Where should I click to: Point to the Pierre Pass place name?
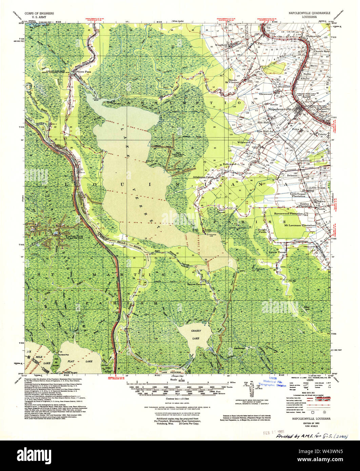pyautogui.click(x=82, y=72)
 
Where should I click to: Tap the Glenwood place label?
pyautogui.click(x=265, y=94)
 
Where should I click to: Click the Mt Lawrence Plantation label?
pyautogui.click(x=299, y=225)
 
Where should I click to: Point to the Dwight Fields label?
pyautogui.click(x=262, y=230)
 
